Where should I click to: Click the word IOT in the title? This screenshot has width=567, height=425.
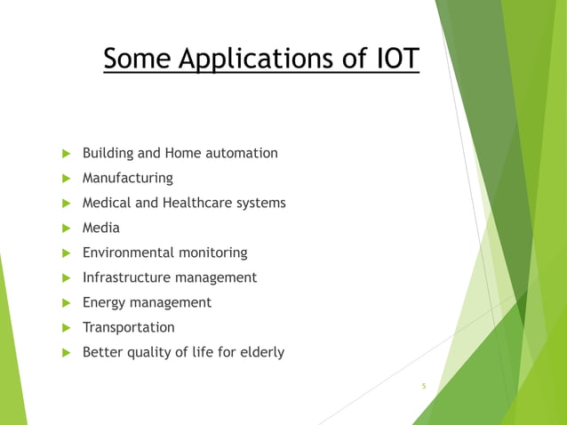pos(389,60)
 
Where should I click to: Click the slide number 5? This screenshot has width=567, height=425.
pos(424,386)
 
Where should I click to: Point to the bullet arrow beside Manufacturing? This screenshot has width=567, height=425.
pos(64,179)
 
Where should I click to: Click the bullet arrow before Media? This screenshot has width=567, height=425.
pos(64,229)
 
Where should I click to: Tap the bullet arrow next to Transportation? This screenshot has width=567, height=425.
pos(64,328)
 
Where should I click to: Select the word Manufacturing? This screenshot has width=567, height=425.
pos(127,178)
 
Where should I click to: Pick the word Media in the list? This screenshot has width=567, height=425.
pos(100,228)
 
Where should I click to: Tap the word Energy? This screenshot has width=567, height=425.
pos(104,303)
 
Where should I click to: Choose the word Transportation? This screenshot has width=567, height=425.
pos(128,327)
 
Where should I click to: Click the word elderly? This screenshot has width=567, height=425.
pos(260,352)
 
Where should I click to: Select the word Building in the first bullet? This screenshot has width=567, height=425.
pos(109,154)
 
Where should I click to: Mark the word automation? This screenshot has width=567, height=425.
pos(242,153)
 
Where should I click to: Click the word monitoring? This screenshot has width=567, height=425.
pos(214,253)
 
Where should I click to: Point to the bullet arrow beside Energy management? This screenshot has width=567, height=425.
pos(64,303)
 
